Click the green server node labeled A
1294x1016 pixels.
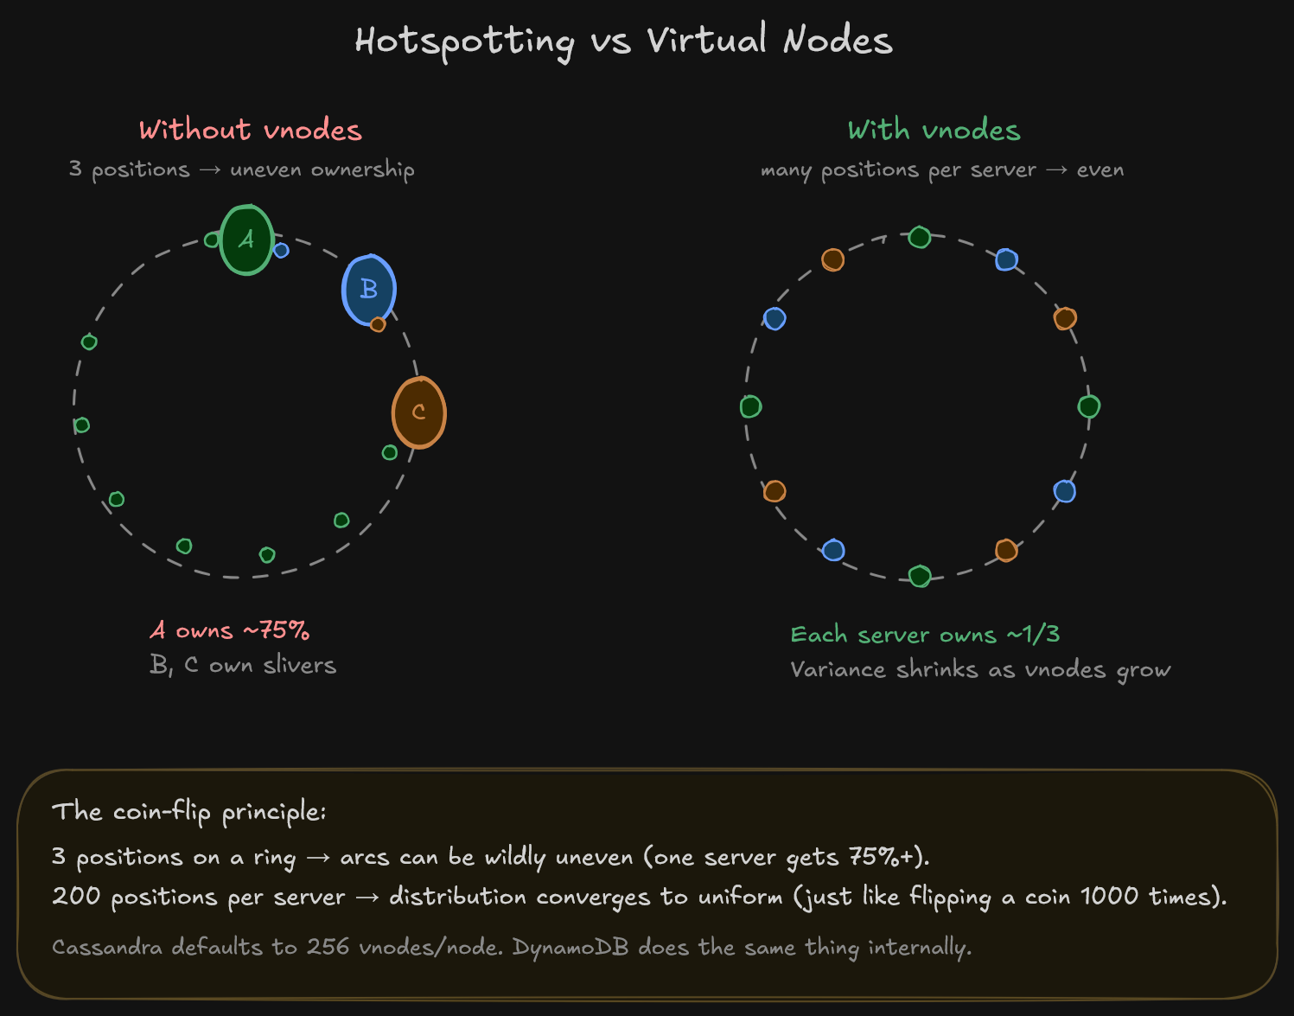[x=247, y=240]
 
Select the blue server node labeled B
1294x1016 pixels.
[x=369, y=290]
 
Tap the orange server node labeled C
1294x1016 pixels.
[x=419, y=412]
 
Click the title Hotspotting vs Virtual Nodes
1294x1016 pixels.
[x=623, y=41]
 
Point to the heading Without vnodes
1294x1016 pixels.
[x=250, y=130]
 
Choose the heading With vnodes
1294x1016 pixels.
[x=934, y=130]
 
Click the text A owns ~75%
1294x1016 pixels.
[x=230, y=630]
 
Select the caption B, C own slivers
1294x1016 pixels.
[x=243, y=665]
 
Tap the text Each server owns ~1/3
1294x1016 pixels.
[x=925, y=635]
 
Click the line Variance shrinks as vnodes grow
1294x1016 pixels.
[x=980, y=670]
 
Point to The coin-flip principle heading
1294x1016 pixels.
[x=188, y=812]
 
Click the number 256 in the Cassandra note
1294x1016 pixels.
[x=328, y=947]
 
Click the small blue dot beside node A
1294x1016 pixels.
[x=281, y=251]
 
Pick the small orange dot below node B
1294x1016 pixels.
[x=378, y=324]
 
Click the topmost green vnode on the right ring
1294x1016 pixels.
[x=920, y=237]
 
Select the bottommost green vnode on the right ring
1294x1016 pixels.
[x=920, y=576]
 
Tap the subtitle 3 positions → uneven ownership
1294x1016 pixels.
[x=242, y=169]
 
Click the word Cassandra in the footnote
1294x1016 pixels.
[x=106, y=947]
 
